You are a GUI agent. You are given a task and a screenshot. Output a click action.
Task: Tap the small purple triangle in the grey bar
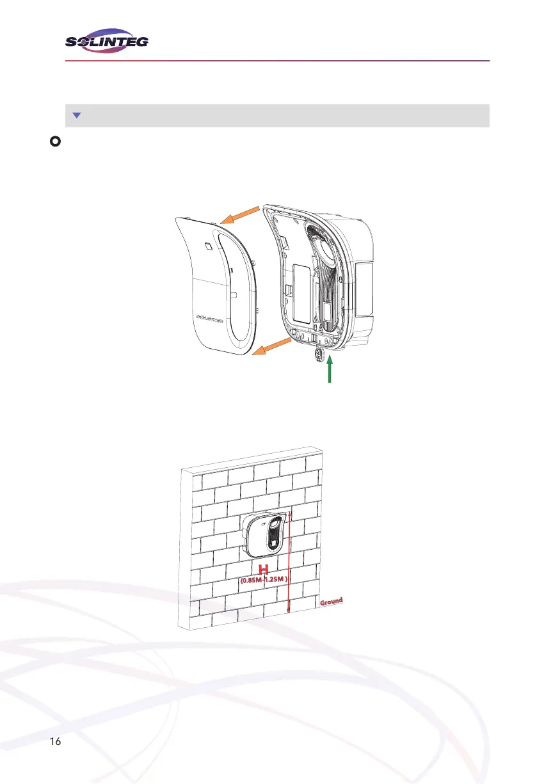coord(76,116)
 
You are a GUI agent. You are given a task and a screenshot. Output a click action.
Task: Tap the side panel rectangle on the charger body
coord(364,291)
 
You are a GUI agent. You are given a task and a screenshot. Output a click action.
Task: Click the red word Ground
coord(332,602)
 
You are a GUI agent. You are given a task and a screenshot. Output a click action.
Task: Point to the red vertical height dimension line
coord(289,563)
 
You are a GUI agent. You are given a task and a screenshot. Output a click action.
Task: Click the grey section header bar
coord(278,116)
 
